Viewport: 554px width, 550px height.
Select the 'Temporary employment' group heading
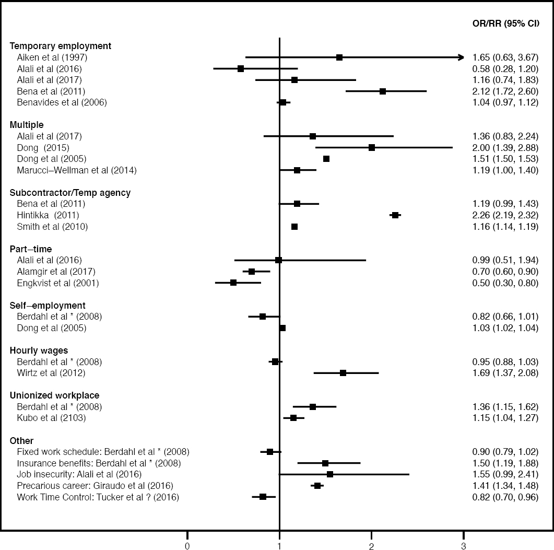pyautogui.click(x=61, y=46)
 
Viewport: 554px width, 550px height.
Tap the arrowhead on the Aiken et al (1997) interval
pyautogui.click(x=461, y=57)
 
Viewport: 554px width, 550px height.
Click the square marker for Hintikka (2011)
pyautogui.click(x=395, y=215)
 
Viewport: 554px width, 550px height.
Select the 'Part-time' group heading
pyautogui.click(x=31, y=249)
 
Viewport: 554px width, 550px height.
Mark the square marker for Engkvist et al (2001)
pyautogui.click(x=233, y=283)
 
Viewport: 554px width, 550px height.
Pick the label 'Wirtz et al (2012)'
pyautogui.click(x=51, y=373)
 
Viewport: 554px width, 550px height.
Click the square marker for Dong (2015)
pyautogui.click(x=372, y=148)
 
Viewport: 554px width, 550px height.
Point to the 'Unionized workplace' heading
pyautogui.click(x=55, y=395)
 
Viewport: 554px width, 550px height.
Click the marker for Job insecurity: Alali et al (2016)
pyautogui.click(x=330, y=474)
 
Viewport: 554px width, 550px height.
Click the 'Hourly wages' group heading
pyautogui.click(x=39, y=350)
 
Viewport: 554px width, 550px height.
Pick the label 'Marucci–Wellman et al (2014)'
pyautogui.click(x=77, y=170)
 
